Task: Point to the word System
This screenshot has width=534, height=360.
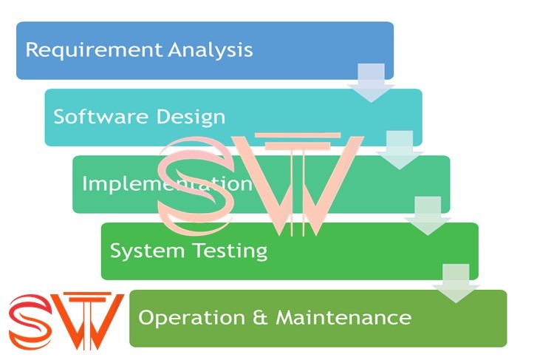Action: click(x=141, y=251)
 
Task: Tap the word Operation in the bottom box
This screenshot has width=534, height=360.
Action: click(x=188, y=318)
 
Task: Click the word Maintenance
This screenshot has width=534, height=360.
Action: click(x=343, y=318)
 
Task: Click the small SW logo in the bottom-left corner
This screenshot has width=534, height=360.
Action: click(x=66, y=321)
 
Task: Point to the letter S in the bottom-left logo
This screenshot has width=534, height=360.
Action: click(x=30, y=322)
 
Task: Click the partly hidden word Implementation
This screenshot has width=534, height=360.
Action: click(x=167, y=183)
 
